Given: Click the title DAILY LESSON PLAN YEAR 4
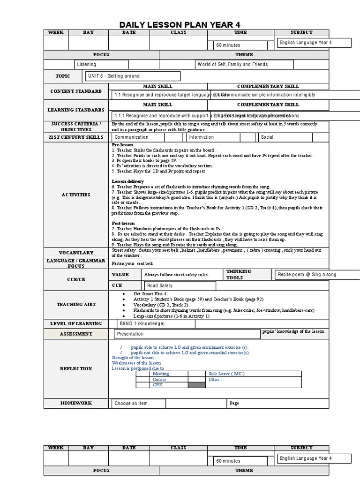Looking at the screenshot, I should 180,25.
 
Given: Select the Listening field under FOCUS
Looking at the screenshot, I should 101,65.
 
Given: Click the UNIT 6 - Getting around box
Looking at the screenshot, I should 133,76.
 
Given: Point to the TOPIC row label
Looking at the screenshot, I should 63,76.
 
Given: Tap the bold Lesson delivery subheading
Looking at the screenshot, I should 127,181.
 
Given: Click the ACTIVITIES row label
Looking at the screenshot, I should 76,195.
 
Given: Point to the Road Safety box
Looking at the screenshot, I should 180,285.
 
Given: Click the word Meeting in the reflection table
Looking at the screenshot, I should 161,374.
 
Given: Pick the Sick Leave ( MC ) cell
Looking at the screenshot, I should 227,374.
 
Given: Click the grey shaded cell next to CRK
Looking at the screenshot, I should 196,385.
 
